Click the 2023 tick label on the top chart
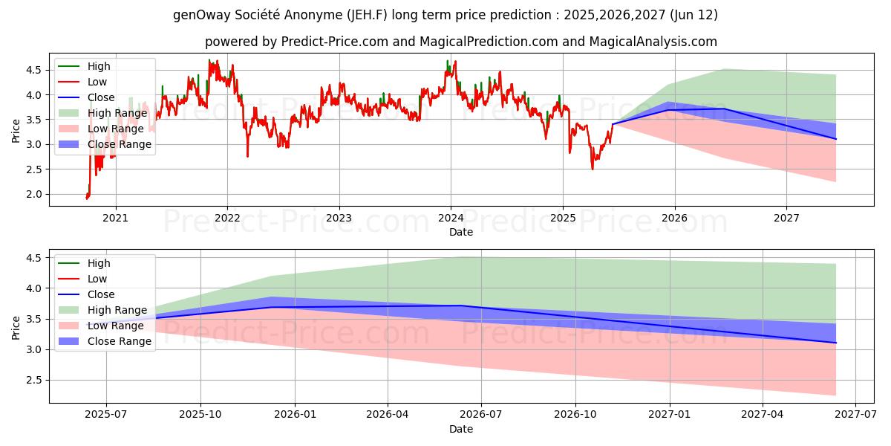339,219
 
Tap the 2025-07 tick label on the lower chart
106,414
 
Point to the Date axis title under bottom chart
461,429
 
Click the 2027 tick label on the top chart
786,219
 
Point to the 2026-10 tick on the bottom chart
575,414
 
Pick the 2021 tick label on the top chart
115,219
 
